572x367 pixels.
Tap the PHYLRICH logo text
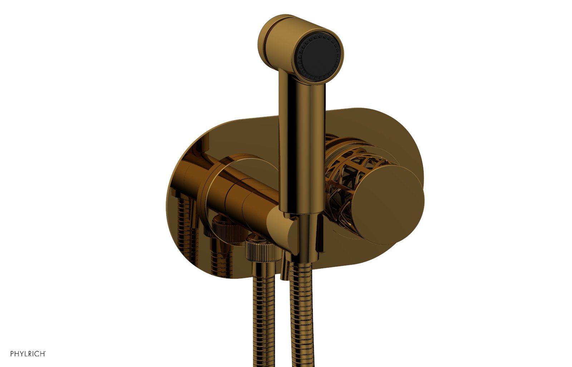coord(27,354)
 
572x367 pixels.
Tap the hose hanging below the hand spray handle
coord(300,314)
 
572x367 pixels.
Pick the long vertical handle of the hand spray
coord(302,143)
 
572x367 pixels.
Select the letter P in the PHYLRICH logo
coord(12,354)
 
